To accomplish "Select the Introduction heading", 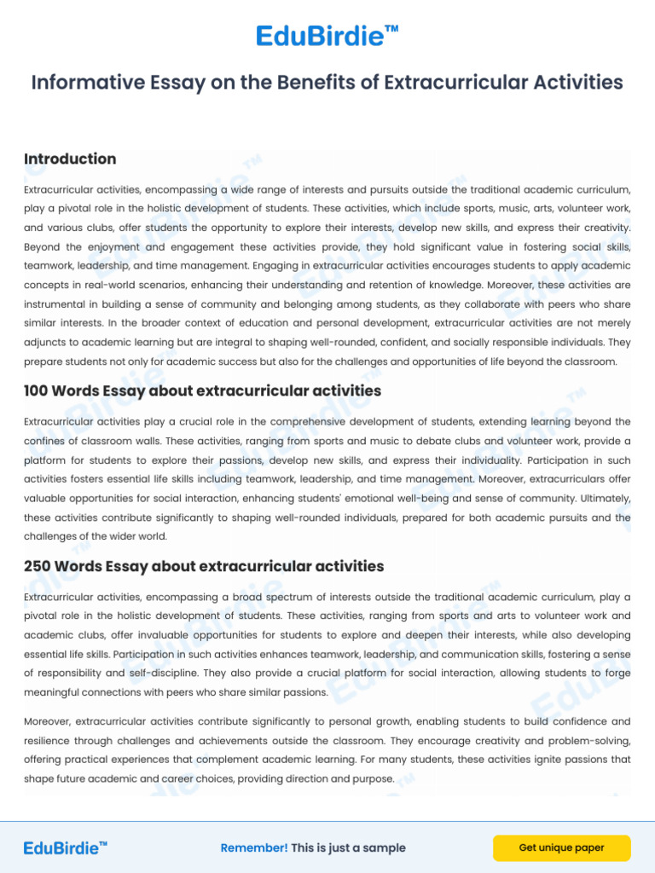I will point(70,159).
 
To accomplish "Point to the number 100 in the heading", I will point(36,391).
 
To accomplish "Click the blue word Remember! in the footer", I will point(254,848).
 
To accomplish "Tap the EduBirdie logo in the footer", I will point(66,847).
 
